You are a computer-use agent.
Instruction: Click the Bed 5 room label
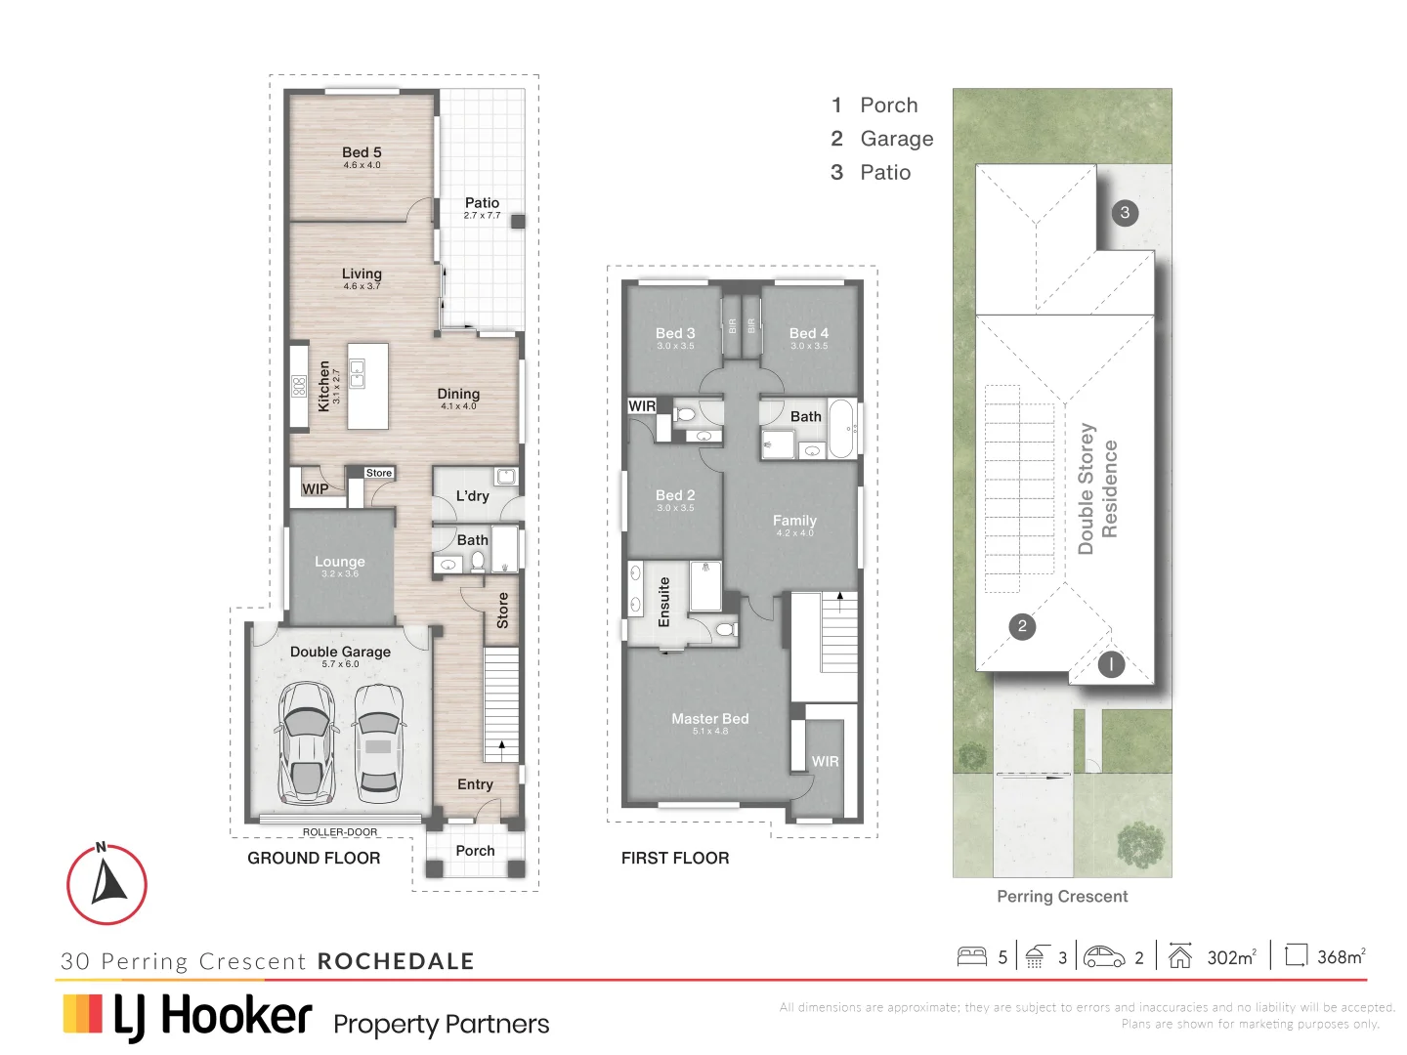[362, 153]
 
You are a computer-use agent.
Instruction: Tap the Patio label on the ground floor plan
[482, 203]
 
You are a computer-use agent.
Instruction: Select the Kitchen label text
[324, 386]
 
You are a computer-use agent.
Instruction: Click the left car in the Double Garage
[306, 742]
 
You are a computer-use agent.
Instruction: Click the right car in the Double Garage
[377, 740]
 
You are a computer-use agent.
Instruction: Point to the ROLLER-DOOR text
[339, 832]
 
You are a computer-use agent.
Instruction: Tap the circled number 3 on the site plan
[1125, 213]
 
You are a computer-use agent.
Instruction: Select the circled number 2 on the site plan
[1022, 626]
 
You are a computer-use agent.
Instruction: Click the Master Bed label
[709, 719]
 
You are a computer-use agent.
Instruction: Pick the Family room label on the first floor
[794, 522]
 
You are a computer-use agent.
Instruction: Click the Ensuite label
[664, 602]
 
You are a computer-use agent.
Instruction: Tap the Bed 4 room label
[808, 334]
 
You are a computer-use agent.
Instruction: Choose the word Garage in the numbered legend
[896, 139]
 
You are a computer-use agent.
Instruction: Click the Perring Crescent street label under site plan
[1062, 897]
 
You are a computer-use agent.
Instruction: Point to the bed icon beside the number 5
[971, 956]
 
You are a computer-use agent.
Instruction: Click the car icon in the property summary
[1104, 956]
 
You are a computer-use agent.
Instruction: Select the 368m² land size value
[1340, 957]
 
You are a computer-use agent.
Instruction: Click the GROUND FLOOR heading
[314, 858]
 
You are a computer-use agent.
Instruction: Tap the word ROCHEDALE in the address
[396, 961]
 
